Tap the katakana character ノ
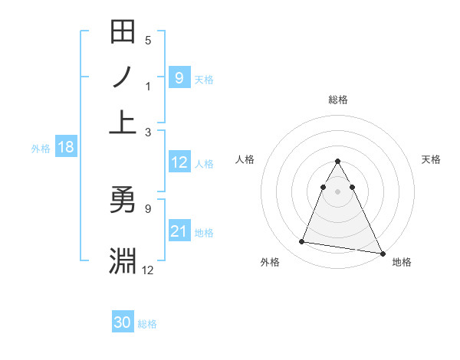pos(123,78)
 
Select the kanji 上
pos(123,119)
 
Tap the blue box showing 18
pos(65,148)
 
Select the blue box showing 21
pos(179,231)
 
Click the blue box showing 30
pos(122,323)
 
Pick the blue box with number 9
pos(179,78)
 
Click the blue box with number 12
pos(179,162)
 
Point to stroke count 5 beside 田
pos(148,41)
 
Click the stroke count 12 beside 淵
pos(148,269)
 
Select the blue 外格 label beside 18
pos(41,149)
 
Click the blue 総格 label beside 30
pos(147,324)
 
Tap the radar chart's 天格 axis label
pos(431,159)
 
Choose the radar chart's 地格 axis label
pos(402,263)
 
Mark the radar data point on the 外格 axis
pos(302,242)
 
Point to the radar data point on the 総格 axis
pos(338,162)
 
